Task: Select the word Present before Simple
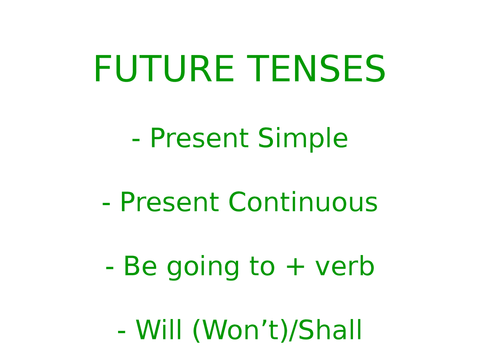pyautogui.click(x=199, y=138)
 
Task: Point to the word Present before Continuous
pyautogui.click(x=169, y=202)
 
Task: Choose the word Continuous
pyautogui.click(x=303, y=202)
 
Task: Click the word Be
pyautogui.click(x=140, y=267)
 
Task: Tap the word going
pyautogui.click(x=203, y=268)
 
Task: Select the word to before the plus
pyautogui.click(x=262, y=267)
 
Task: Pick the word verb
pyautogui.click(x=345, y=267)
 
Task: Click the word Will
pyautogui.click(x=159, y=330)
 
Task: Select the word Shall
pyautogui.click(x=330, y=330)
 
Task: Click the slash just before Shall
pyautogui.click(x=294, y=331)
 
